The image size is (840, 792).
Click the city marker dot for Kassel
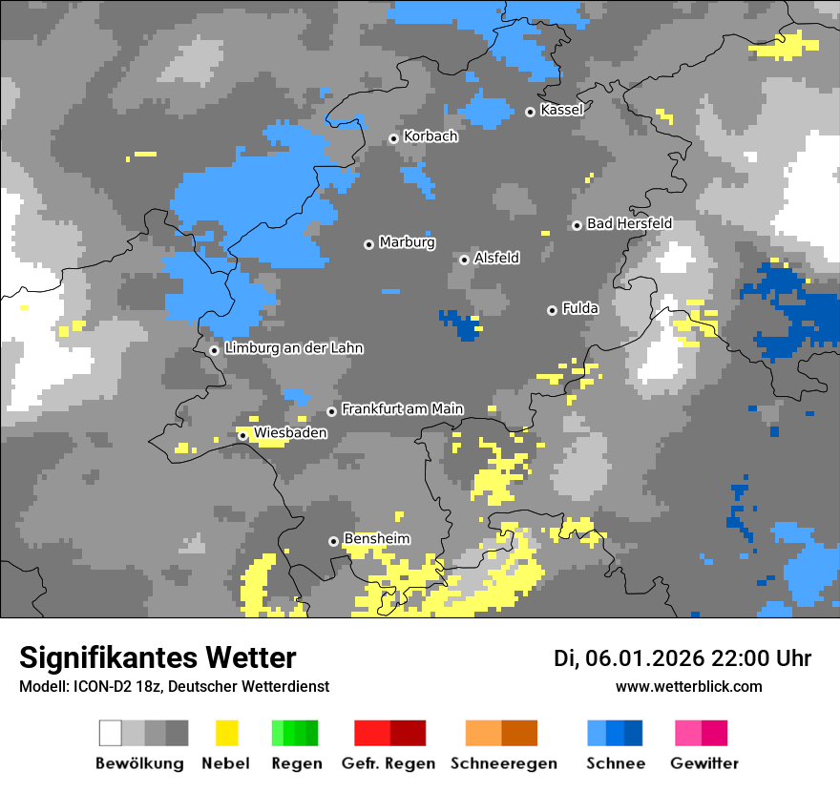pos(530,112)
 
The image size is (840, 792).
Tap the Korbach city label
pos(430,136)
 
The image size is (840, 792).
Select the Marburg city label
pos(407,242)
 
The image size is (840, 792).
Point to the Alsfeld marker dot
pos(464,260)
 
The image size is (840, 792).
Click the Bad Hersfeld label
pos(629,223)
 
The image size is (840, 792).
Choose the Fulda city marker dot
pos(552,310)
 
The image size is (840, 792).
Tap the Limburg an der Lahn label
pos(293,348)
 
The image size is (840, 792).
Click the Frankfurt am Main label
pos(402,408)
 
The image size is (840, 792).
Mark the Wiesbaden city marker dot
pos(242,436)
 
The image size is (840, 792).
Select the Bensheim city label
pos(376,539)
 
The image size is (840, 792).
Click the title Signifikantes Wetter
pos(157,657)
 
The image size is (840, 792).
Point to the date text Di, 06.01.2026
pos(628,658)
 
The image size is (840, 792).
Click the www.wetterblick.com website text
pos(688,686)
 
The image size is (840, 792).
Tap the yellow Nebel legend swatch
pos(226,733)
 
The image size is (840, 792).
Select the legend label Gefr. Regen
pos(388,763)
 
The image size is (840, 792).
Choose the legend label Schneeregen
pos(503,763)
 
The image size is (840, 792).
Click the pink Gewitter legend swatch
pos(688,733)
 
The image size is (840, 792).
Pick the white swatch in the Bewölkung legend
pos(110,733)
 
